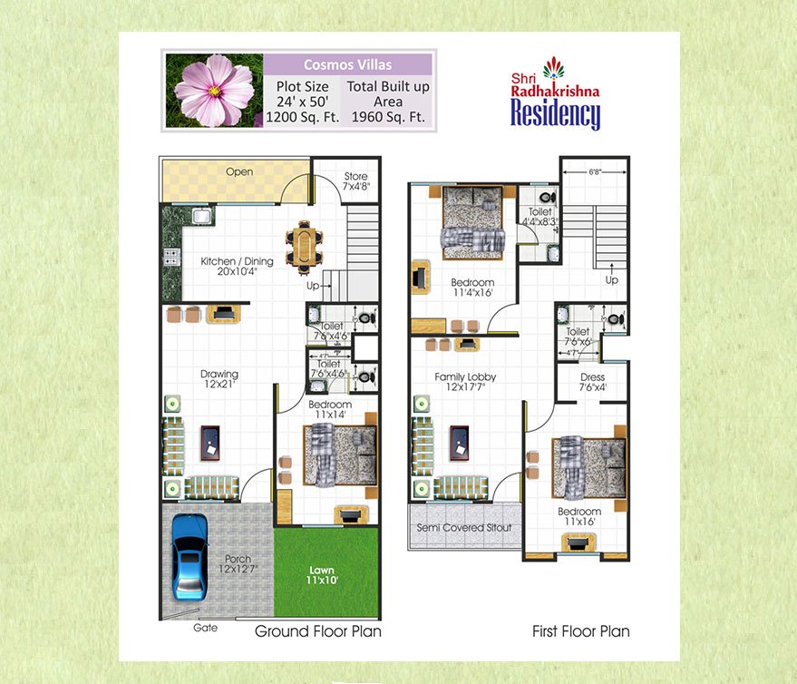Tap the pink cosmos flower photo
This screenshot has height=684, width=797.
click(x=214, y=90)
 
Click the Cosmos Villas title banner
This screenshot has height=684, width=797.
click(x=346, y=64)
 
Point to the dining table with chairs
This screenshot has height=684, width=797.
click(x=303, y=245)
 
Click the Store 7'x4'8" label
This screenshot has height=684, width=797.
click(x=355, y=181)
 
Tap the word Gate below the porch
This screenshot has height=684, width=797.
click(x=205, y=628)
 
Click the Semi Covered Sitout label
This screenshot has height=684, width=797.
click(x=464, y=527)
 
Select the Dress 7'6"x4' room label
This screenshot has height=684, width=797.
click(x=592, y=383)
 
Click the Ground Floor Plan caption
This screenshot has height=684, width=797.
click(x=317, y=631)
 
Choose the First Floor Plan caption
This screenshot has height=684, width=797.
click(x=580, y=631)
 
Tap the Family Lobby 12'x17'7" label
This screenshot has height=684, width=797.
click(x=464, y=382)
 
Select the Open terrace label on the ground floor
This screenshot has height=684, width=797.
click(x=239, y=171)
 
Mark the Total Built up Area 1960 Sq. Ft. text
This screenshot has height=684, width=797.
click(x=388, y=103)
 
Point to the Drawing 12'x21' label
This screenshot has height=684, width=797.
click(x=219, y=379)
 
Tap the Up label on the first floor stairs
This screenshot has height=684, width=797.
click(x=612, y=280)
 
